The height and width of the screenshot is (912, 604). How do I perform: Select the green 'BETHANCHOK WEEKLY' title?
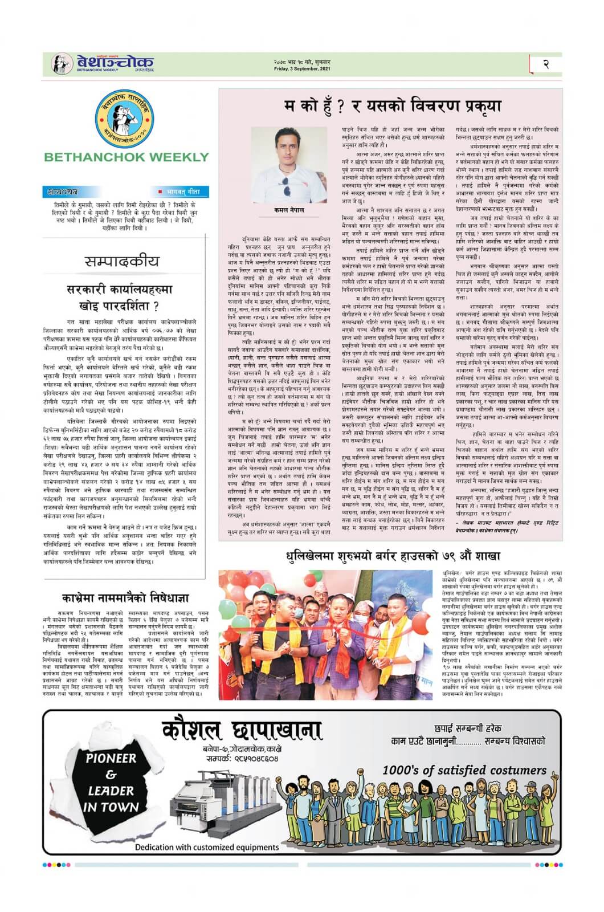click(x=126, y=157)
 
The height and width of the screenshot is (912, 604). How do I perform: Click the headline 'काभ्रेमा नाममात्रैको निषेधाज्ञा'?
click(x=125, y=598)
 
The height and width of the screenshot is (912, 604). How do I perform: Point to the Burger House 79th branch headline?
click(x=393, y=556)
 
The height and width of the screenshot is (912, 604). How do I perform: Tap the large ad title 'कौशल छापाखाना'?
click(x=241, y=732)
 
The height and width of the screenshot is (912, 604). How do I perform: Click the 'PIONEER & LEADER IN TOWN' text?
click(x=111, y=782)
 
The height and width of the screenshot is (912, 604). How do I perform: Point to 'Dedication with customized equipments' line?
click(x=207, y=847)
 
